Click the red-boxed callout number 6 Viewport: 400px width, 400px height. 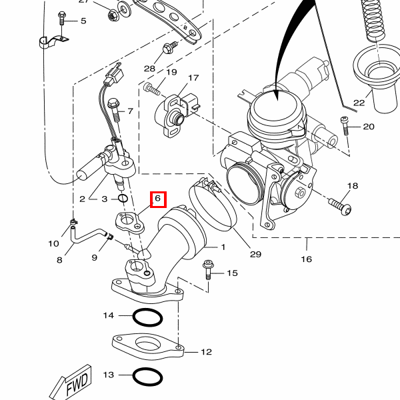pos(158,199)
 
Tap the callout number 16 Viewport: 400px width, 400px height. pos(306,259)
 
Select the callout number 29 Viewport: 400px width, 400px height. pos(256,254)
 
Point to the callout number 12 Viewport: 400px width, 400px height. pos(206,352)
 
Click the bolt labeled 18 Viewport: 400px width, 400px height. pos(339,203)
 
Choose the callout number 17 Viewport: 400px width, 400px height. pos(193,79)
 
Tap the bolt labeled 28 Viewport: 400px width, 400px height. pos(169,48)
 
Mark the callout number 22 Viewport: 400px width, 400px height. pos(359,103)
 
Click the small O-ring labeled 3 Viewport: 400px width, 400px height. pos(123,198)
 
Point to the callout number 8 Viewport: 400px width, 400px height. pos(59,260)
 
